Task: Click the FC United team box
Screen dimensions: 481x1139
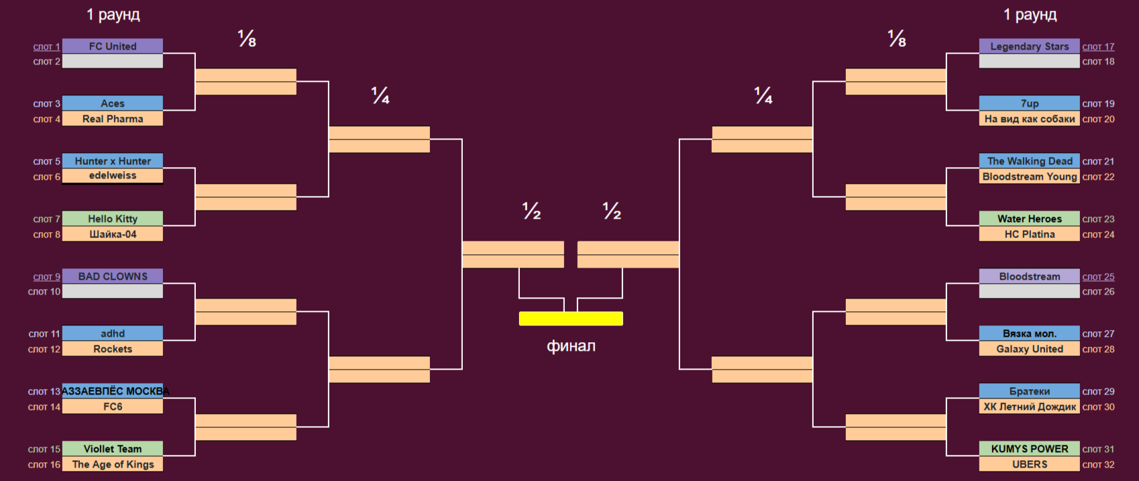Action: pyautogui.click(x=113, y=46)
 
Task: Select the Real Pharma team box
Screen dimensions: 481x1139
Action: pyautogui.click(x=113, y=119)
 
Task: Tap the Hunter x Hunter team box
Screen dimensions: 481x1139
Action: pyautogui.click(x=113, y=161)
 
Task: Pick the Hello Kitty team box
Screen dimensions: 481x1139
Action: pyautogui.click(x=113, y=219)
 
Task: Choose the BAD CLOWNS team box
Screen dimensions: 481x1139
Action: pyautogui.click(x=113, y=276)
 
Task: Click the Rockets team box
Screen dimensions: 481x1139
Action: pyautogui.click(x=113, y=349)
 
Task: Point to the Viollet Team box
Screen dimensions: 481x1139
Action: pyautogui.click(x=113, y=449)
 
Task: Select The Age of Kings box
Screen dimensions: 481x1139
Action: pyautogui.click(x=113, y=464)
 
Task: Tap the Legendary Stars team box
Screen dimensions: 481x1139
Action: pyautogui.click(x=1029, y=46)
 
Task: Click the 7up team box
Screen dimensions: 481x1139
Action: pyautogui.click(x=1029, y=103)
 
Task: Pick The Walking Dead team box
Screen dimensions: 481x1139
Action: pyautogui.click(x=1029, y=161)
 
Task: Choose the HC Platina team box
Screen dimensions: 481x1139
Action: pyautogui.click(x=1029, y=234)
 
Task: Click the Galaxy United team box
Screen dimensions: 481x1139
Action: pyautogui.click(x=1029, y=349)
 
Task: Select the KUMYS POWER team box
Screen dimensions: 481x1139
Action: pyautogui.click(x=1029, y=449)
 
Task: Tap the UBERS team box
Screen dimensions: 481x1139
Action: pyautogui.click(x=1029, y=464)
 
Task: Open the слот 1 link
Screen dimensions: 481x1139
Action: pyautogui.click(x=47, y=47)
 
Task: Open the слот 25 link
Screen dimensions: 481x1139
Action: pyautogui.click(x=1098, y=277)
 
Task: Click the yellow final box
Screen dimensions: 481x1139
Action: pyautogui.click(x=571, y=319)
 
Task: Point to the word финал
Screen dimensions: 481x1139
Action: pyautogui.click(x=571, y=346)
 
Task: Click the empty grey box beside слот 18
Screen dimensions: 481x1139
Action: pyautogui.click(x=1029, y=62)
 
